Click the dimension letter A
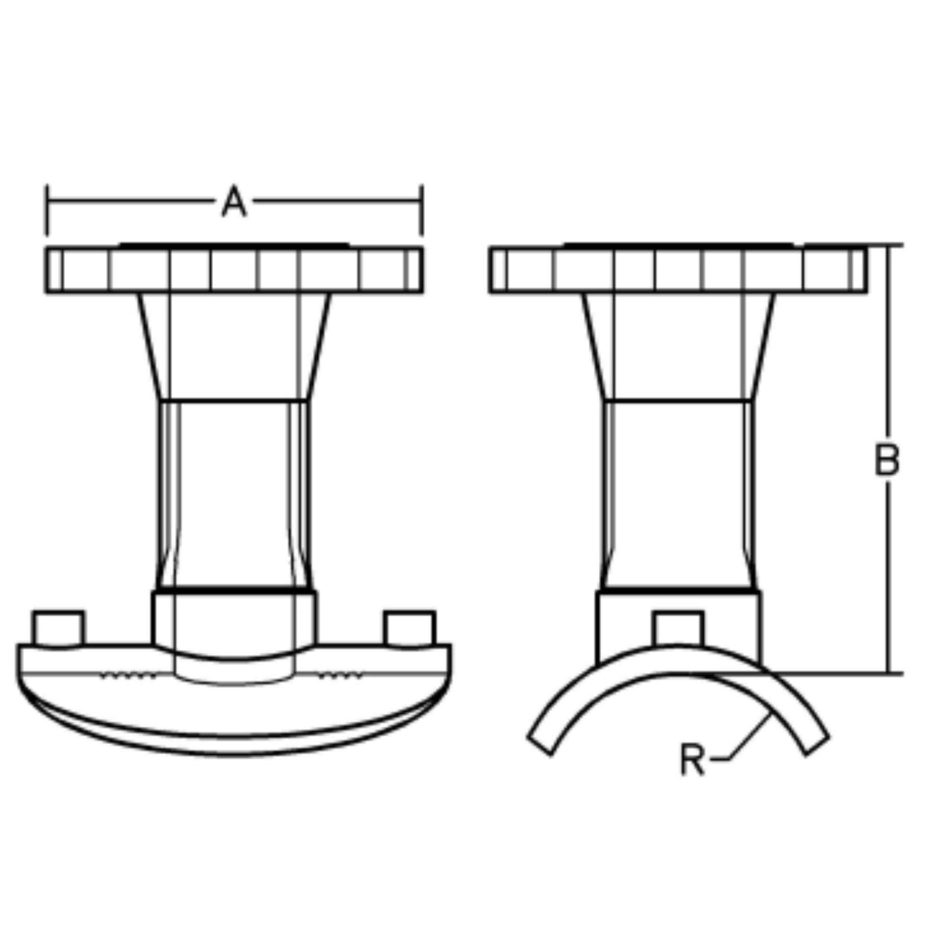[234, 202]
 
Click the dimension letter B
[887, 459]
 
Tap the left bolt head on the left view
[58, 627]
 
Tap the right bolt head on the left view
[410, 627]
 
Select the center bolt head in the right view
[678, 626]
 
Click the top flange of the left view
[234, 270]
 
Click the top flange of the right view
[678, 270]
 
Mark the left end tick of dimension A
[47, 210]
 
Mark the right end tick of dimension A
[421, 210]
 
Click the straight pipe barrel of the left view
[234, 494]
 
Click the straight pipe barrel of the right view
[678, 494]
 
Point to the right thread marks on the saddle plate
[340, 676]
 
